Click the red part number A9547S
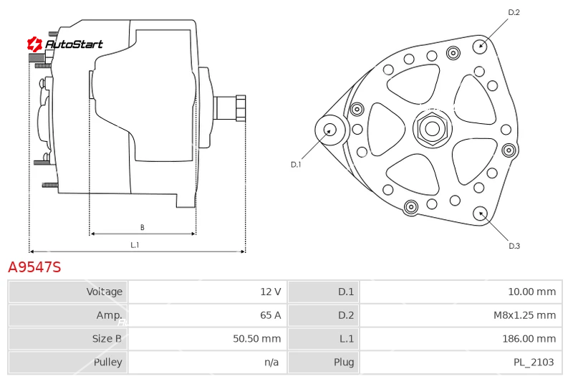(x=34, y=267)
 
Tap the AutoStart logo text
(x=74, y=44)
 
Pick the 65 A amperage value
(x=271, y=315)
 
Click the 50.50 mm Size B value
(x=257, y=338)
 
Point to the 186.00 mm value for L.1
(x=529, y=338)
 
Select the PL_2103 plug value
(x=534, y=362)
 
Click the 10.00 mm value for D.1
(x=532, y=292)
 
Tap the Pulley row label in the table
(x=108, y=362)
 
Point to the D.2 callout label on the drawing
(x=514, y=12)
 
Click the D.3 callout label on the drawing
(x=514, y=246)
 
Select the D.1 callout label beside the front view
(x=296, y=165)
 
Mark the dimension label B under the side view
(x=142, y=227)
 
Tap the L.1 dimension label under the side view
(x=135, y=245)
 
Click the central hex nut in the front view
(x=433, y=129)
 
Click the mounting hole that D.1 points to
(x=330, y=130)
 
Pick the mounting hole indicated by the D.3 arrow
(x=480, y=214)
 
